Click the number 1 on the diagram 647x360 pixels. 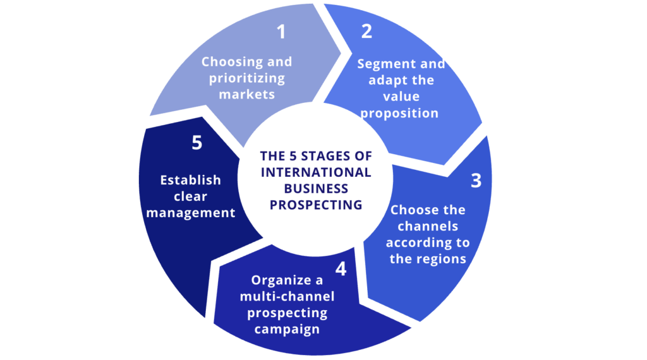(x=281, y=33)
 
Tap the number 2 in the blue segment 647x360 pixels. (x=366, y=32)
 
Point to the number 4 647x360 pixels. (x=341, y=269)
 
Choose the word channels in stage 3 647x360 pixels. (x=423, y=226)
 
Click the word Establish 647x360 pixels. (x=190, y=180)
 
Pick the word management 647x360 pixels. (x=191, y=213)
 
